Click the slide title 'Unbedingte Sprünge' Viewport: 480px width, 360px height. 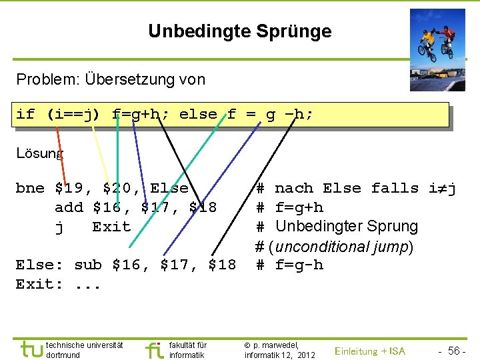click(x=239, y=31)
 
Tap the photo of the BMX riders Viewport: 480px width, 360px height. click(x=437, y=49)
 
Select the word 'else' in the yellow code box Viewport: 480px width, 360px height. click(x=198, y=114)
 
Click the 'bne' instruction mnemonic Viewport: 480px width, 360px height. click(x=30, y=188)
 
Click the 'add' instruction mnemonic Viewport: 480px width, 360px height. click(x=69, y=207)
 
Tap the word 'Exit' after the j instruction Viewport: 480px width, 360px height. click(x=111, y=227)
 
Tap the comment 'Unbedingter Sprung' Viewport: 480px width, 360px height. click(x=346, y=227)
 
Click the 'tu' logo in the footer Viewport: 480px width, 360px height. click(x=31, y=349)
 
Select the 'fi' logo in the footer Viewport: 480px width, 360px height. click(x=153, y=349)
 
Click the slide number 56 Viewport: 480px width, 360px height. click(x=456, y=351)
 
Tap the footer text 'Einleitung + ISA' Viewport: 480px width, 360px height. click(x=370, y=351)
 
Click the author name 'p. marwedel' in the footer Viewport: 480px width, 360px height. click(x=276, y=345)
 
